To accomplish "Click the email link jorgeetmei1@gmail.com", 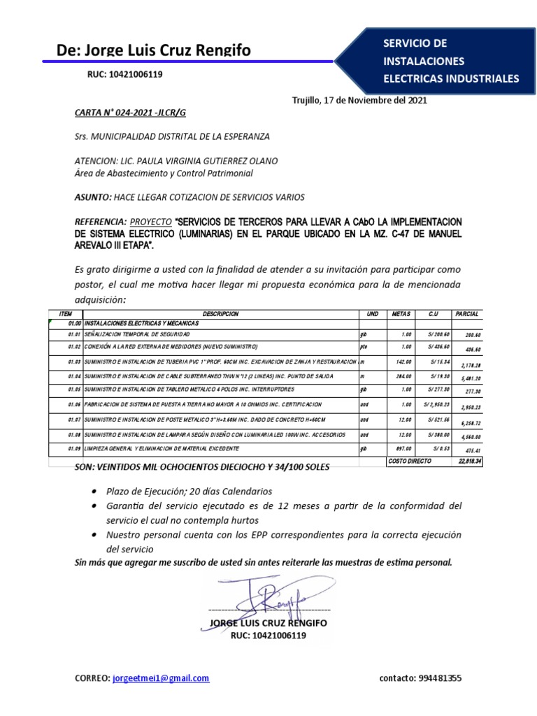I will [x=161, y=678].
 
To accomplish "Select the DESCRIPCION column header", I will [x=220, y=315].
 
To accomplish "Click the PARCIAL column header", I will [x=466, y=315].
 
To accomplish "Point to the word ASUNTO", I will [x=92, y=197].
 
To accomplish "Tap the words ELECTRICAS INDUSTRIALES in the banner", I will [x=451, y=78].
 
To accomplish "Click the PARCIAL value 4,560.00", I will [x=468, y=436].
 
